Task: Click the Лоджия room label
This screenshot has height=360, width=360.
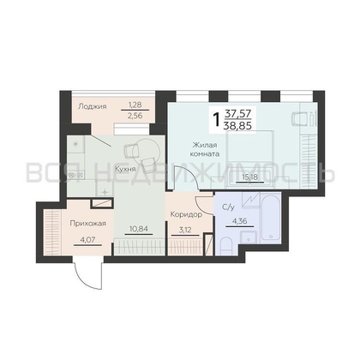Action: (93, 106)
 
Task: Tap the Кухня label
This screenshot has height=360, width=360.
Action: (125, 169)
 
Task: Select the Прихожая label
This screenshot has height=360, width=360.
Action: (88, 223)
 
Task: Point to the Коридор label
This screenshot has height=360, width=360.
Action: (186, 214)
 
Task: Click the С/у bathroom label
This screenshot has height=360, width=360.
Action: (228, 207)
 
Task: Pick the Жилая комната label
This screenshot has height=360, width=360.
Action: (206, 149)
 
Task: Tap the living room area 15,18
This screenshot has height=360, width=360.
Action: (249, 177)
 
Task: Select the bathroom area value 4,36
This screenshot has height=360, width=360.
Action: (239, 220)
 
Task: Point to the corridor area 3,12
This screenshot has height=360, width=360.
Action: (185, 230)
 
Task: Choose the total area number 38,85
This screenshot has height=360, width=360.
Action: (238, 124)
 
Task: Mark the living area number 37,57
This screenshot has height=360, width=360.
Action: (238, 114)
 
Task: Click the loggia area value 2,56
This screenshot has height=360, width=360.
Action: (135, 116)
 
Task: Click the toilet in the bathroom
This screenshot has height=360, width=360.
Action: (228, 245)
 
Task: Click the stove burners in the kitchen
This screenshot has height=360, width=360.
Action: (75, 174)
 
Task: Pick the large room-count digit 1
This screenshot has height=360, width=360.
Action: (217, 119)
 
